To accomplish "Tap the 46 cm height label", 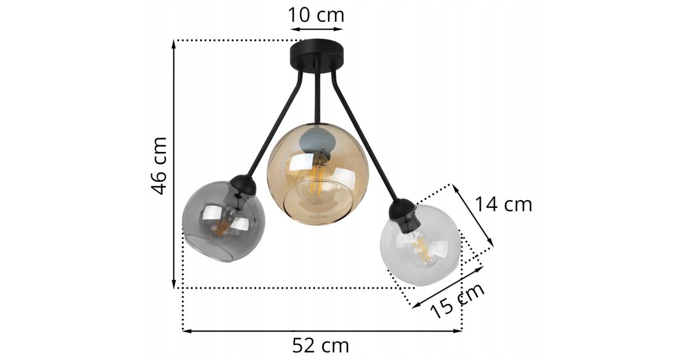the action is (159, 166).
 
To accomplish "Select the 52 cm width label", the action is (320, 346).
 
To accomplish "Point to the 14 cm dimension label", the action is (504, 204).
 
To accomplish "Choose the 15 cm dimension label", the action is (457, 301).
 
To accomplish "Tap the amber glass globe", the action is (318, 174).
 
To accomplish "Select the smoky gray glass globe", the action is (224, 222).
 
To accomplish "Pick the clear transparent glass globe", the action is (421, 246).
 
